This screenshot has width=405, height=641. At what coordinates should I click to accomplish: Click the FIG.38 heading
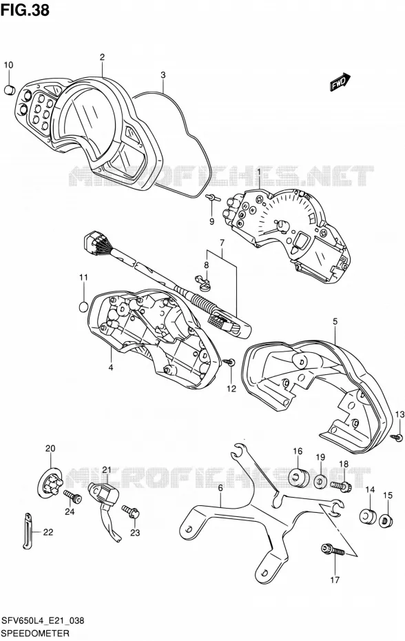25,10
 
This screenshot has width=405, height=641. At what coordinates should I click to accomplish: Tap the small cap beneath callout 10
10,90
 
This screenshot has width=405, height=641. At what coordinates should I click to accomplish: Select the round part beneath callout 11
83,306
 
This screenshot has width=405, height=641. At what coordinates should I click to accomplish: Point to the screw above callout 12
229,362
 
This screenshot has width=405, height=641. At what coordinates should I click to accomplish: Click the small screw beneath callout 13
397,437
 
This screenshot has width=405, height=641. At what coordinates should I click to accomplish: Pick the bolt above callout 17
333,549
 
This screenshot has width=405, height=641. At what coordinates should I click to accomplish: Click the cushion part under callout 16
298,478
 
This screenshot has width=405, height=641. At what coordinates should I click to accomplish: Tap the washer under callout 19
320,481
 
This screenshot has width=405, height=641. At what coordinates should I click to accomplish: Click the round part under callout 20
50,485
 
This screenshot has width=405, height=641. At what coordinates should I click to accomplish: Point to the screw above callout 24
73,497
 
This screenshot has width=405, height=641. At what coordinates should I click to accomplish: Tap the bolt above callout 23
131,511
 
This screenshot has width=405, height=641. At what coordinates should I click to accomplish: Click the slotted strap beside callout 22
27,530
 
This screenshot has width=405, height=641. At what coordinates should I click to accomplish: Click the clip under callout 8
202,282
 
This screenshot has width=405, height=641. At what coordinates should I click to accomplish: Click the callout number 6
220,487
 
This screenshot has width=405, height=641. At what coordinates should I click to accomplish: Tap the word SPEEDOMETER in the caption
29,633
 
